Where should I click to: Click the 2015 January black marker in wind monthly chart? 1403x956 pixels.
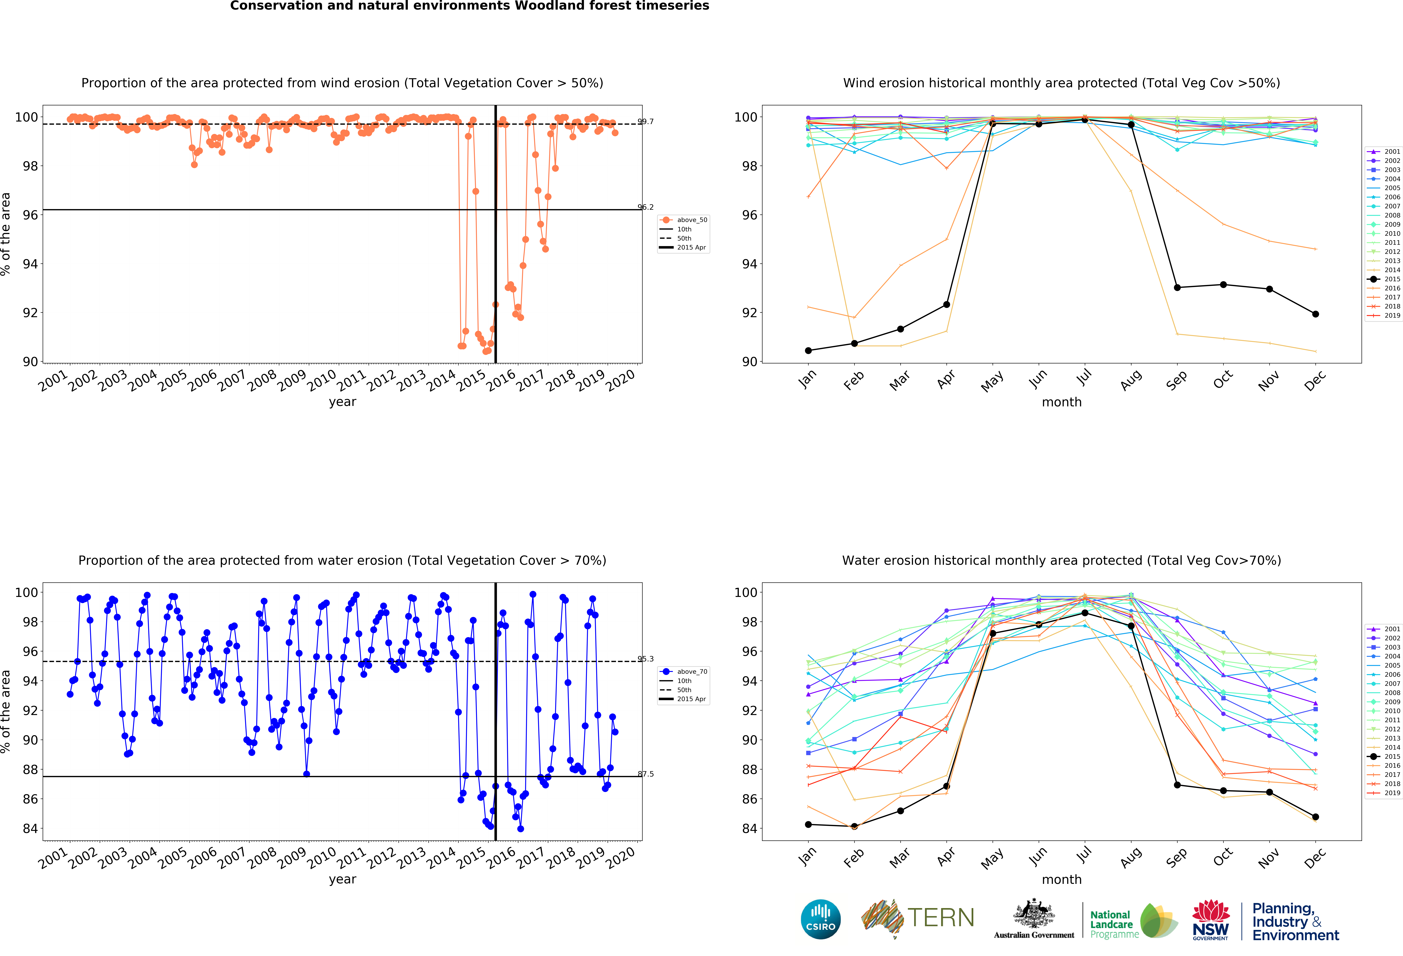808,351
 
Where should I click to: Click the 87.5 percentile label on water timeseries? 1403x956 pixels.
645,774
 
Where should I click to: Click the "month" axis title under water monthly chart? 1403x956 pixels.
1061,879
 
